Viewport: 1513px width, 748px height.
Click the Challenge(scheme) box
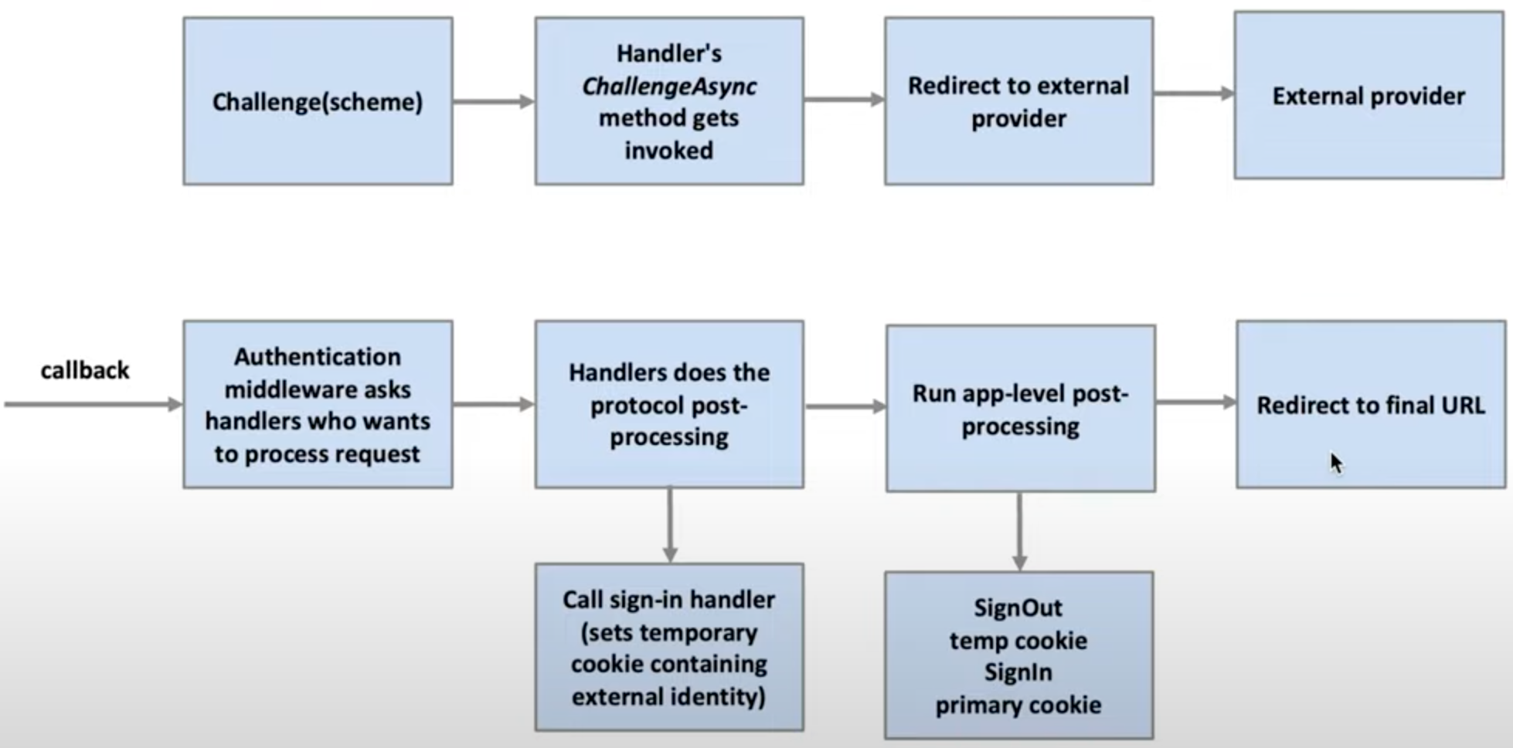tap(318, 101)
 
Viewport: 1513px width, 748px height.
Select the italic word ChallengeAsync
tap(669, 86)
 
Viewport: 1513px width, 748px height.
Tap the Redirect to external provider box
tap(1018, 101)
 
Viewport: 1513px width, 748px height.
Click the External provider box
tap(1368, 96)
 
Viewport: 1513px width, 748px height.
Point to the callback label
tap(85, 370)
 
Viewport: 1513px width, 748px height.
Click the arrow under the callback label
tap(93, 404)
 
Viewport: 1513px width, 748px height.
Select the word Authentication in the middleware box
tap(318, 357)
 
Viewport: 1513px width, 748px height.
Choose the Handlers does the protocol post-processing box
tap(669, 404)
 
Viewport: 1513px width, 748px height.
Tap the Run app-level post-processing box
tap(1020, 409)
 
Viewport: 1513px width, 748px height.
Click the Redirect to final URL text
tap(1370, 405)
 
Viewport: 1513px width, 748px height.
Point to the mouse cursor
tap(1335, 462)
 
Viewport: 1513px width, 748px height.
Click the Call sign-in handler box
tap(669, 648)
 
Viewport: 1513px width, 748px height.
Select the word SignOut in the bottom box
tap(1018, 608)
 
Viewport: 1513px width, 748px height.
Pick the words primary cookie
tap(1018, 705)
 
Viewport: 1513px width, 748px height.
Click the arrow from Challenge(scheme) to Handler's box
tap(493, 101)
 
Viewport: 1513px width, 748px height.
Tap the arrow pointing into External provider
tap(1194, 93)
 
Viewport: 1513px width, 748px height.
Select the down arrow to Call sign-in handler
tap(670, 525)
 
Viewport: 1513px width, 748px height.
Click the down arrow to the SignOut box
tap(1020, 532)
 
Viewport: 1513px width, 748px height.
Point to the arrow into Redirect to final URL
tap(1195, 402)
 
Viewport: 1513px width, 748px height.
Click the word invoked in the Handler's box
tap(669, 150)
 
